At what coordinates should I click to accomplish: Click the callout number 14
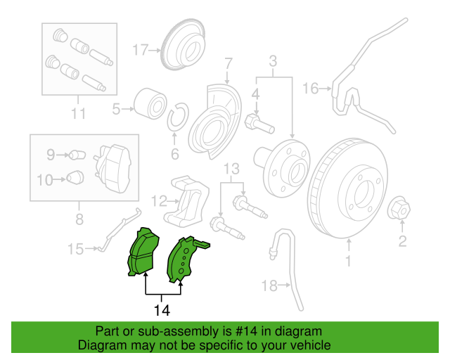(x=162, y=310)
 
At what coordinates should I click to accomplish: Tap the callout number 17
(x=141, y=50)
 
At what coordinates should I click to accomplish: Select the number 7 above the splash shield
(x=228, y=63)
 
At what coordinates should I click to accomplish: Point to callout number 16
(x=311, y=88)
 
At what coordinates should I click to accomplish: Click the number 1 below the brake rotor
(x=349, y=261)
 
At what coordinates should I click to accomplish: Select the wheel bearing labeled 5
(x=150, y=103)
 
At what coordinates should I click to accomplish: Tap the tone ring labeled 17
(x=184, y=44)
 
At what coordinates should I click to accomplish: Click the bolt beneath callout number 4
(x=259, y=124)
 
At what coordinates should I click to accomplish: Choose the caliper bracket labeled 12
(x=186, y=202)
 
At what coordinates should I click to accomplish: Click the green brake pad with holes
(x=185, y=259)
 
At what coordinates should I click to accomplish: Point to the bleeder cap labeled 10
(x=75, y=178)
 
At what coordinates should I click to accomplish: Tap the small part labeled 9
(x=77, y=155)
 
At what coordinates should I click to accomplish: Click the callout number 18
(x=269, y=285)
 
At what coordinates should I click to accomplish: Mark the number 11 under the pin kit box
(x=78, y=114)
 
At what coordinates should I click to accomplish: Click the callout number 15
(x=75, y=249)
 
